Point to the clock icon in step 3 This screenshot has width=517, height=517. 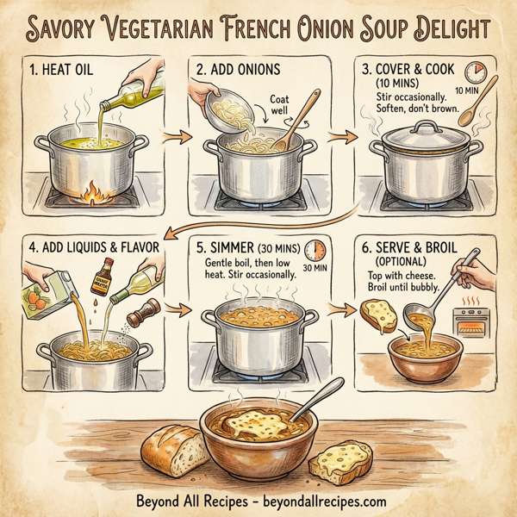click(474, 72)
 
